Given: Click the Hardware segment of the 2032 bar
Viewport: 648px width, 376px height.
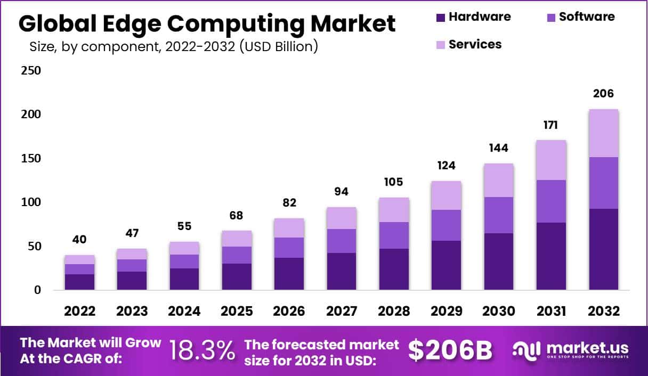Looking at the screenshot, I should coord(603,249).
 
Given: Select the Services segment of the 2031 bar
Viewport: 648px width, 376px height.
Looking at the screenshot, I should coord(551,160).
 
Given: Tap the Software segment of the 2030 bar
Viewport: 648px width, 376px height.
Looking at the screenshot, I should coord(499,215).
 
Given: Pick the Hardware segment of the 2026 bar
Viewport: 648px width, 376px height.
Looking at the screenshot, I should coord(289,274).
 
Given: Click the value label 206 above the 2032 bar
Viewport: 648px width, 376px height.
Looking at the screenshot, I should coord(603,94).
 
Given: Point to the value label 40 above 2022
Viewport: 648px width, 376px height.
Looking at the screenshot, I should coord(79,240).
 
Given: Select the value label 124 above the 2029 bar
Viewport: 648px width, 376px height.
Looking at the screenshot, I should coord(446,166).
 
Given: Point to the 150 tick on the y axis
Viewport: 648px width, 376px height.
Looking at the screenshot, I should coord(30,159).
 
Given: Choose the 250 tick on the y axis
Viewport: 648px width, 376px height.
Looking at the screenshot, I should coord(30,71).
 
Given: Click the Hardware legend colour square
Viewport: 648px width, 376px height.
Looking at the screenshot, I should coord(440,18).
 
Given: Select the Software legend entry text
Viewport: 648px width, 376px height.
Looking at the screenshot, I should coord(587,17).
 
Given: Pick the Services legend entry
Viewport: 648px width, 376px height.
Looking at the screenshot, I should coord(475,45).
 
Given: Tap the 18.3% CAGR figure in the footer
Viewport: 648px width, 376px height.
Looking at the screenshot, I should coord(201,350).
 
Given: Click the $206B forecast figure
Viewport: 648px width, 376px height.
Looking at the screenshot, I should coord(450,350).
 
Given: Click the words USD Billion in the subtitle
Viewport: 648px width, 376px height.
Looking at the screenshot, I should coord(280,47).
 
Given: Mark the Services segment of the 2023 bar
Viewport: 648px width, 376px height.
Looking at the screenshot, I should coord(132,254).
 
